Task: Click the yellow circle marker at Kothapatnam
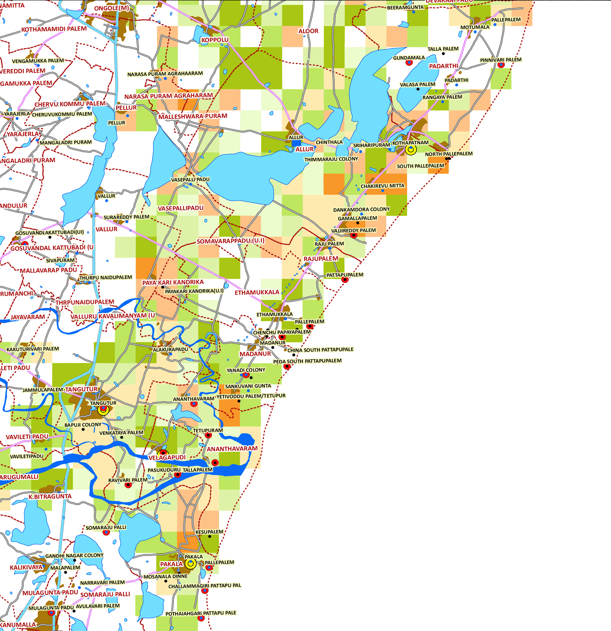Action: tap(411, 149)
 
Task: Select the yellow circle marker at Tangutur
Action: tap(103, 410)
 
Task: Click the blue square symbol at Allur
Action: tap(296, 143)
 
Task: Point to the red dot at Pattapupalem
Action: tap(345, 279)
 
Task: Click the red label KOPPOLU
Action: tap(215, 40)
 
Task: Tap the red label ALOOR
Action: tap(308, 31)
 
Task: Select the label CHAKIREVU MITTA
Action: tap(383, 186)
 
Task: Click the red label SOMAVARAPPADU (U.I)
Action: tap(230, 241)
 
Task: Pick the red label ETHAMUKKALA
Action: tap(257, 292)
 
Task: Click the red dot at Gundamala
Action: tap(409, 62)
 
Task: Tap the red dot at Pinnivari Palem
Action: tap(501, 65)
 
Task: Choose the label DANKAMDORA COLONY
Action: tap(361, 209)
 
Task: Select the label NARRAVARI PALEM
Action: tap(102, 582)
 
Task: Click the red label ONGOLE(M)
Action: tap(111, 8)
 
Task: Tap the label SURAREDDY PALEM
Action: tap(126, 217)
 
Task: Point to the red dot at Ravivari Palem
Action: tap(128, 485)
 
